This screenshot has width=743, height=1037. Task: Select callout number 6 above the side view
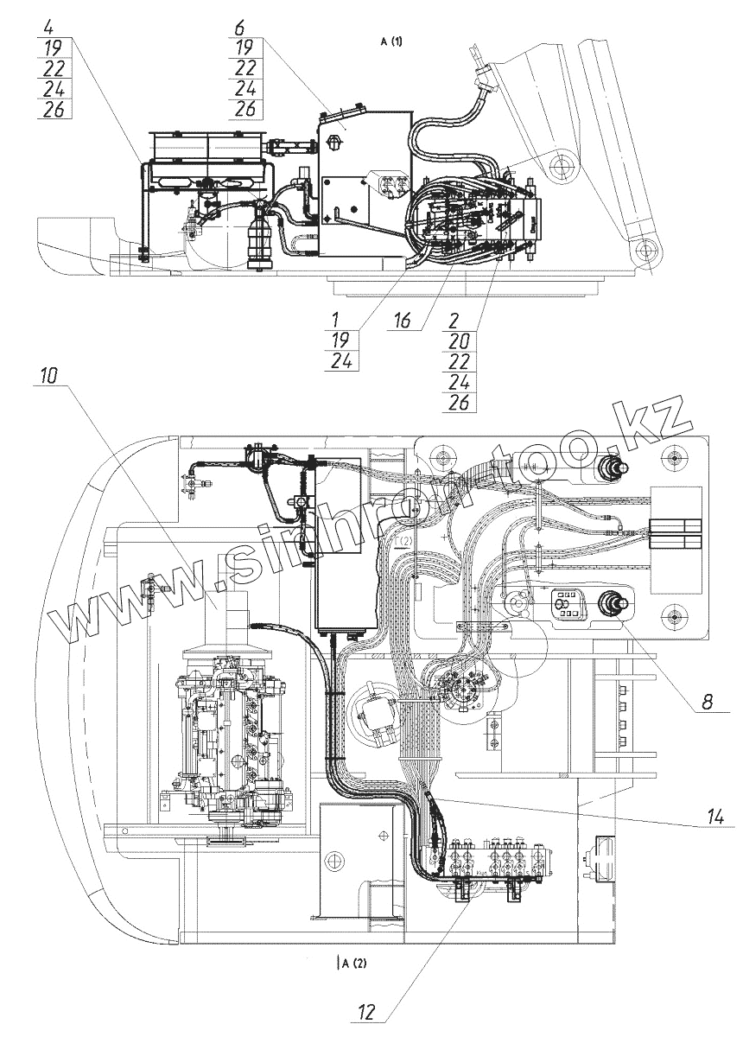[x=238, y=27]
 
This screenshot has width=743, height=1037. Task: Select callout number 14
[x=713, y=814]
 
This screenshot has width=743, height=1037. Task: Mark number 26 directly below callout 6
[x=244, y=109]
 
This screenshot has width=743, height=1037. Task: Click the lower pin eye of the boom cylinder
[x=642, y=250]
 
